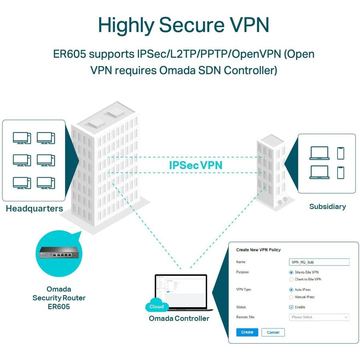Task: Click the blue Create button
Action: coord(247,332)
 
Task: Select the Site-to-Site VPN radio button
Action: coord(291,272)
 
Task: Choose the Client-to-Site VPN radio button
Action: coord(291,279)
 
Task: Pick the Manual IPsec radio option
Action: coord(291,297)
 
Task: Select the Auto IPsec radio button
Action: coord(291,290)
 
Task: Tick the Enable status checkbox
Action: coord(291,307)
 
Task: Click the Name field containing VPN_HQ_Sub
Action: coord(319,262)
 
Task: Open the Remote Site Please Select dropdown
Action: coord(319,317)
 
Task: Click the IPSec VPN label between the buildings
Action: coord(196,165)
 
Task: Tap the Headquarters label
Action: coord(34,208)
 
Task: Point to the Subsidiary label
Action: coord(327,206)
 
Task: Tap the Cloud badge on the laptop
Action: coord(157,306)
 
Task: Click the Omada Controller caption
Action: coord(179,318)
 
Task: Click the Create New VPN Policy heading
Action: coord(258,250)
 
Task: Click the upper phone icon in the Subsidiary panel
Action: coord(340,153)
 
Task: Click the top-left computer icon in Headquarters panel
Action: coord(22,138)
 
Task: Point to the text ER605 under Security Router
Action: coord(59,306)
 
